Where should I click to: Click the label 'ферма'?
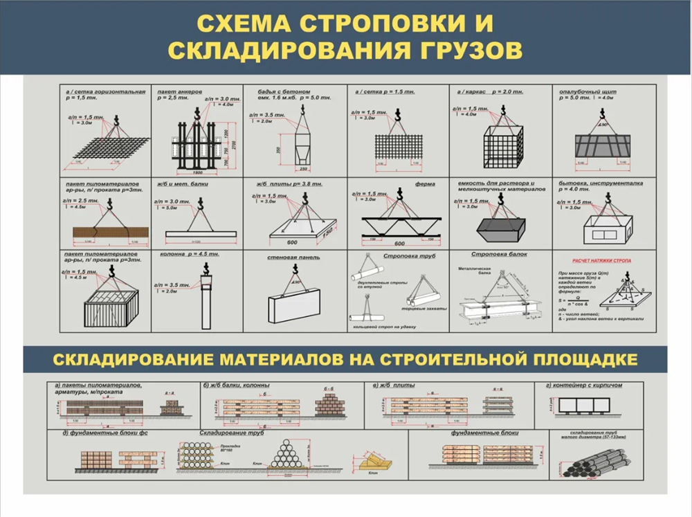point(423,185)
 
